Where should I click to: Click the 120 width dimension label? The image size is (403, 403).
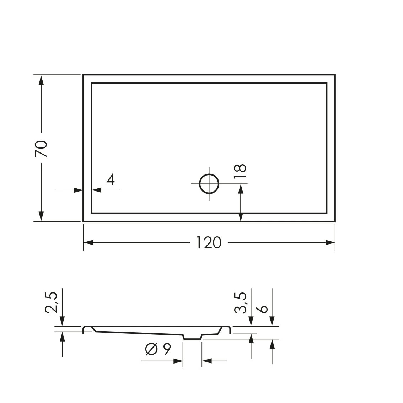pos(208,243)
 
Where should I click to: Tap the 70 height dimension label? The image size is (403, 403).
pos(41,148)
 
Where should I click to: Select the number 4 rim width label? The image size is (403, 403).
pos(111,179)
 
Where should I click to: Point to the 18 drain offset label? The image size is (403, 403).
pos(240,171)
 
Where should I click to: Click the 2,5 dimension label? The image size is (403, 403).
pos(52,302)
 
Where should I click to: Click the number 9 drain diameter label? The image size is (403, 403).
pos(167,349)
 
